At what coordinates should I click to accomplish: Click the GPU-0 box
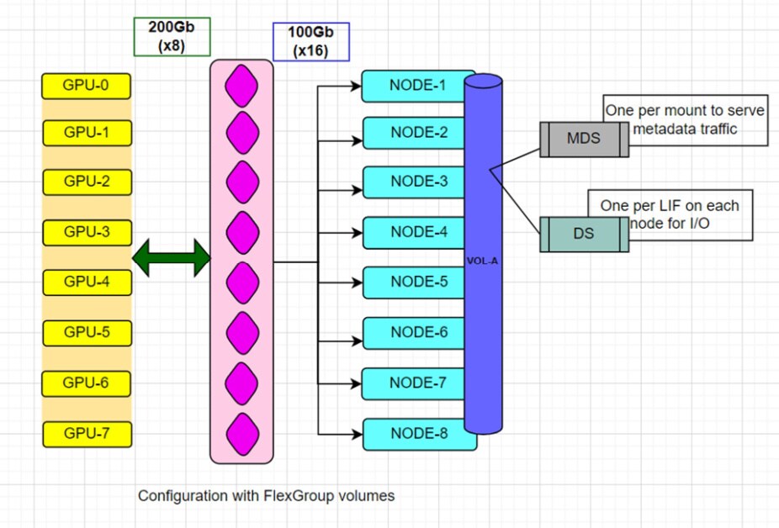pos(87,85)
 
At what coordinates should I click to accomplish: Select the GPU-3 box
pos(87,232)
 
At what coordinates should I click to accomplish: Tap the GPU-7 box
pos(87,434)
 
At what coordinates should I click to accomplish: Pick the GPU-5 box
pos(87,332)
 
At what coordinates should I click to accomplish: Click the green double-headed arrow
pos(171,256)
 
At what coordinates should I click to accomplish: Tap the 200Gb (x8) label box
pos(172,37)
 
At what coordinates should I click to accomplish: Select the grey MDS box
pos(584,139)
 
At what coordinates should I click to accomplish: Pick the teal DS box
pos(584,234)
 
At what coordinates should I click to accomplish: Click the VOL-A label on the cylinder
pos(483,261)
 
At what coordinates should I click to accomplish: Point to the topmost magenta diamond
pos(242,87)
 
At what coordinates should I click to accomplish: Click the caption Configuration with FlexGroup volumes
pos(266,496)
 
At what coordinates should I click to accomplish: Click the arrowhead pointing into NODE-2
pos(357,133)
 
